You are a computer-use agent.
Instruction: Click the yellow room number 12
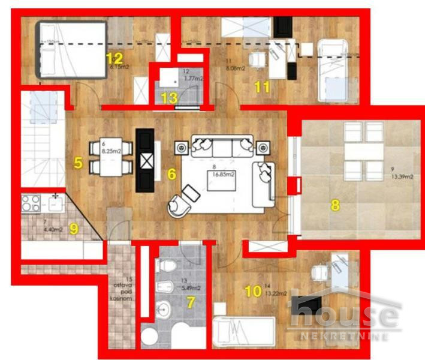click(114, 58)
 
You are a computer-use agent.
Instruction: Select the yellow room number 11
click(262, 86)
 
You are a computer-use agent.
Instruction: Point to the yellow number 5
click(78, 163)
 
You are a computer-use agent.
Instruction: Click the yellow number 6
click(172, 175)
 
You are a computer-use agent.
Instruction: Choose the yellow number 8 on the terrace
click(335, 205)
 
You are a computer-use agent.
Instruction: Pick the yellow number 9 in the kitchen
click(74, 228)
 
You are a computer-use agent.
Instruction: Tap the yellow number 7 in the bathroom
click(191, 303)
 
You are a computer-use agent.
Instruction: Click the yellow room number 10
click(254, 292)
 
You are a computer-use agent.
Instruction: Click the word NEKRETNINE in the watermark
click(352, 336)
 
